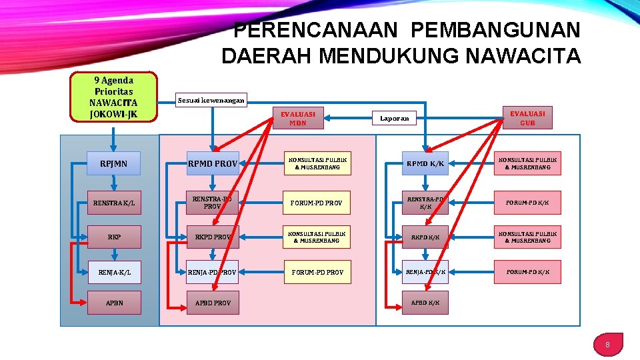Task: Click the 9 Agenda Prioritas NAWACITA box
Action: pyautogui.click(x=113, y=97)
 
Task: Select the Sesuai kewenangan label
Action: pyautogui.click(x=211, y=100)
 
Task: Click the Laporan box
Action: pyautogui.click(x=393, y=118)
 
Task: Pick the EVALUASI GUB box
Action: pyautogui.click(x=527, y=117)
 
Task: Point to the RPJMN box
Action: pyautogui.click(x=113, y=163)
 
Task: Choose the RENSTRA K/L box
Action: pyautogui.click(x=113, y=203)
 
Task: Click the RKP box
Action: pyautogui.click(x=114, y=237)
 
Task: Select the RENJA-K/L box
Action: pyautogui.click(x=113, y=272)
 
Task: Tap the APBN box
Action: pyautogui.click(x=114, y=303)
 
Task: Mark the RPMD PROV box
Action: pyautogui.click(x=213, y=163)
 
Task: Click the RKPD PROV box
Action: pyautogui.click(x=213, y=237)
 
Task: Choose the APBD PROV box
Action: pyautogui.click(x=213, y=303)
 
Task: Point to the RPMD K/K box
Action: pyautogui.click(x=425, y=163)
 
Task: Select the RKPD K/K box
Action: pyautogui.click(x=425, y=237)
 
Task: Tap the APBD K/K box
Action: pyautogui.click(x=425, y=303)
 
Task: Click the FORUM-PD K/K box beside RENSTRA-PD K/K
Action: pyautogui.click(x=527, y=203)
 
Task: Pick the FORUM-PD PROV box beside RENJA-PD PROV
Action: pyautogui.click(x=317, y=272)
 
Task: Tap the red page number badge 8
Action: pyautogui.click(x=607, y=345)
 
